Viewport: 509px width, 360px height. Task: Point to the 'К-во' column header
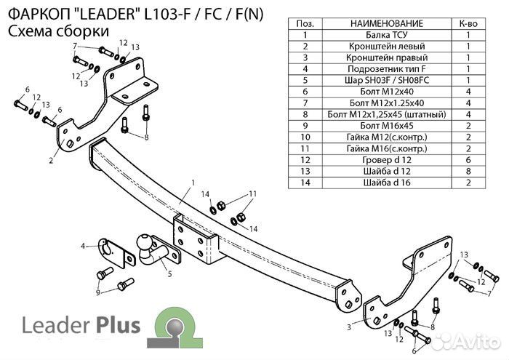click(469, 23)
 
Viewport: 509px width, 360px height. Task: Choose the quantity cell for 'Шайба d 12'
click(469, 172)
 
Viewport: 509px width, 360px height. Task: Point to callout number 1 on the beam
click(193, 181)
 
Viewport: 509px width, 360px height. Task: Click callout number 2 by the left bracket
click(51, 161)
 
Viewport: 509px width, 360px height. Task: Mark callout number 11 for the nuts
click(253, 193)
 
